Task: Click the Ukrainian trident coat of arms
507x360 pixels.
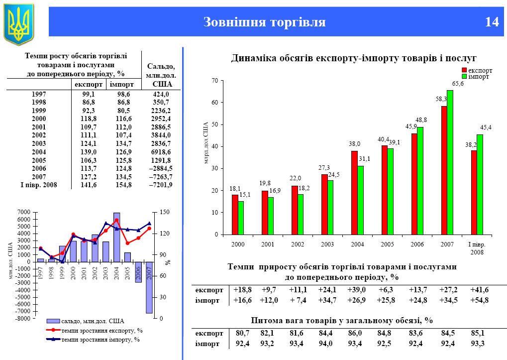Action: pos(18,22)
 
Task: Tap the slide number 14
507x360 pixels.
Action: pos(492,22)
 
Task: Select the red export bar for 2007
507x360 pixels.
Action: pos(444,170)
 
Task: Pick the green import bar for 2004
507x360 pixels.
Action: pos(360,200)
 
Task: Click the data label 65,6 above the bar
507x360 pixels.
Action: pos(458,84)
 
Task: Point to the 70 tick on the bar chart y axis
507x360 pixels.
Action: pos(214,81)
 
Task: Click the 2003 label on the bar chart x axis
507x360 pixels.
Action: pos(327,244)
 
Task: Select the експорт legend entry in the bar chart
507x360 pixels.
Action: pos(480,71)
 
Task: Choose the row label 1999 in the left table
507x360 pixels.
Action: pos(38,111)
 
